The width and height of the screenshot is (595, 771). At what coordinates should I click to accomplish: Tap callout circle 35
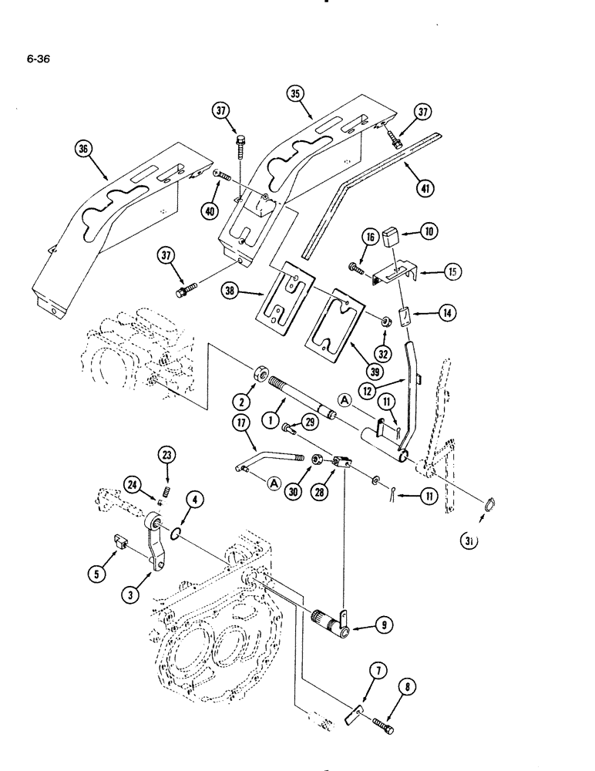296,95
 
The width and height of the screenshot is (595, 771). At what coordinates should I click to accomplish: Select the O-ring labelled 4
177,532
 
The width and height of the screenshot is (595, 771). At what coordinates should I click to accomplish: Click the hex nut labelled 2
258,379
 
